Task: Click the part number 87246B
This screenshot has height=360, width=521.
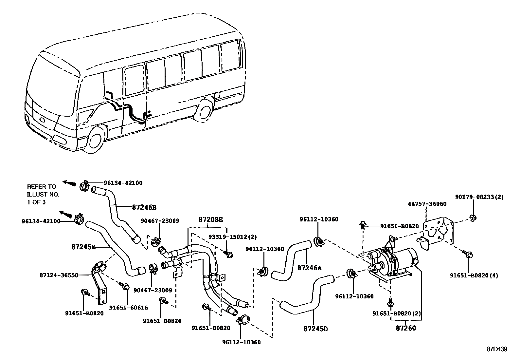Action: [x=144, y=207]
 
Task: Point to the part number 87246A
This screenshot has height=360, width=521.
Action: [x=309, y=268]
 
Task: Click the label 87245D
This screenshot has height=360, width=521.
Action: [x=315, y=329]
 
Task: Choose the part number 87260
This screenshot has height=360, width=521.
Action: [x=406, y=328]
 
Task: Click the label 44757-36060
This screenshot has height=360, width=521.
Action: [x=427, y=204]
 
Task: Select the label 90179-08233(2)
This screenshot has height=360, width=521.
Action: [x=479, y=197]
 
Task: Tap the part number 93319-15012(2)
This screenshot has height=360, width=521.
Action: [x=233, y=237]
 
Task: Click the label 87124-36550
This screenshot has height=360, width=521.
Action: [x=59, y=275]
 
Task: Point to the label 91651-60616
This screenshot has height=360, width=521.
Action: [x=128, y=308]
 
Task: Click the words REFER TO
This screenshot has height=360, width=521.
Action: [x=42, y=187]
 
